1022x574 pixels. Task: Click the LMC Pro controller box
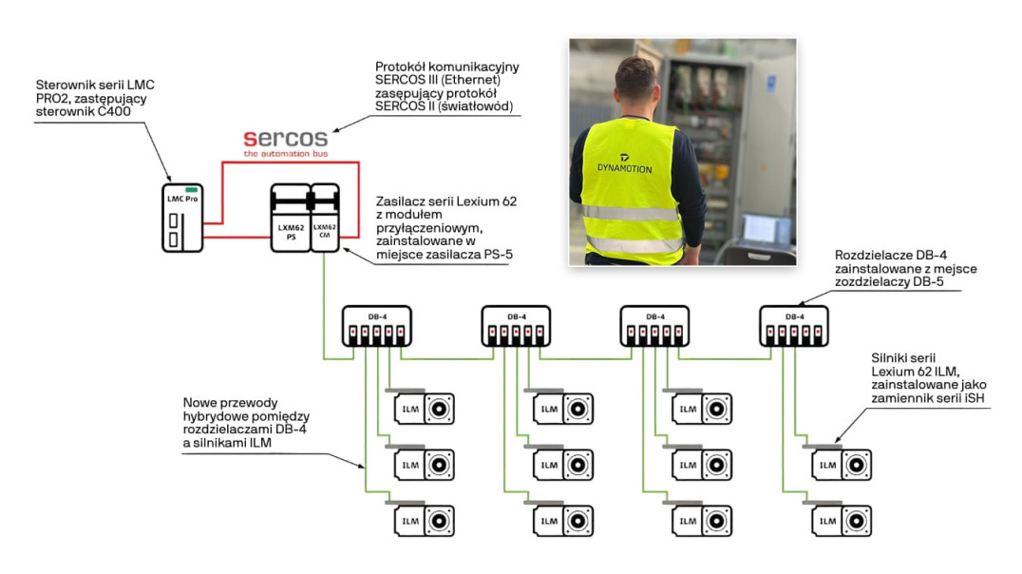click(182, 218)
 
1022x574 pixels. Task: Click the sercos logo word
click(285, 138)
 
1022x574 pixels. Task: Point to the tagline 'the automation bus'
click(285, 153)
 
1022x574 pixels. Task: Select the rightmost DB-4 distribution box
click(794, 326)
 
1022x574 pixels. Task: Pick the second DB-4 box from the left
click(515, 326)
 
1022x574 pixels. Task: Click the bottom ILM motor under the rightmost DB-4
click(842, 521)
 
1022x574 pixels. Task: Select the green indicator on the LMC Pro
click(190, 188)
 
